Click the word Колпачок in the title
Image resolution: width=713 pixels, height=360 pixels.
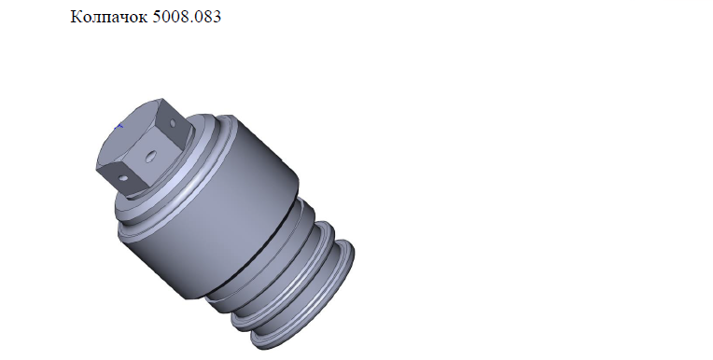click(108, 17)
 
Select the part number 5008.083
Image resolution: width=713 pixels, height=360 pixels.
click(187, 17)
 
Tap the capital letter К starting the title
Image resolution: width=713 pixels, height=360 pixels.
click(77, 17)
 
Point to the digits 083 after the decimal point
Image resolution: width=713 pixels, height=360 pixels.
click(208, 17)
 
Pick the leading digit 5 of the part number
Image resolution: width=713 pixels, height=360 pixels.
click(157, 17)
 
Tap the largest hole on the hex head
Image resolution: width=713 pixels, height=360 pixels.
click(149, 158)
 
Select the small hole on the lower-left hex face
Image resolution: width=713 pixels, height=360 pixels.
click(122, 177)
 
